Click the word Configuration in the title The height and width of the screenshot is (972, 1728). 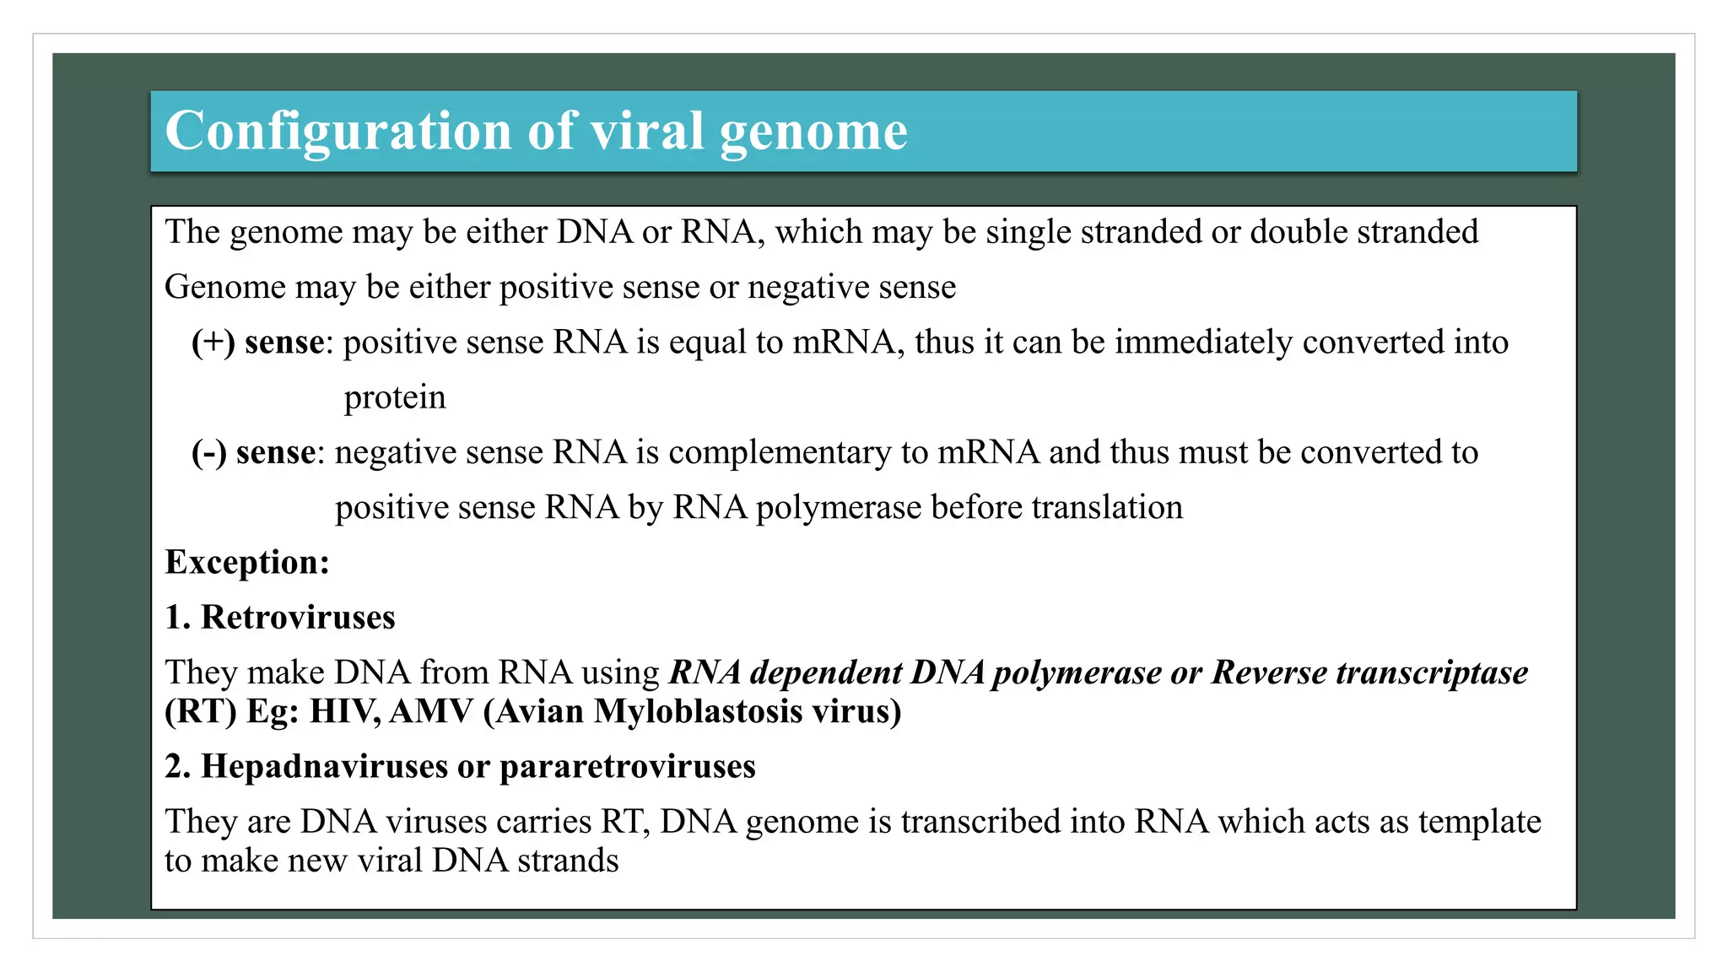point(337,132)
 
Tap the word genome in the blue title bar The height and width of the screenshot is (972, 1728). point(813,132)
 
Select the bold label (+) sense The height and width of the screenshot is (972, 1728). point(258,343)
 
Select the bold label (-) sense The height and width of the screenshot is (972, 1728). point(254,453)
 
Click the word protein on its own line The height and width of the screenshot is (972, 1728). point(395,398)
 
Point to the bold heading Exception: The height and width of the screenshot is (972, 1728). point(247,563)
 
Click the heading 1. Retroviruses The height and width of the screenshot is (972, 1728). point(280,618)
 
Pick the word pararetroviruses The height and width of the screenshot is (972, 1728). point(628,766)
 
